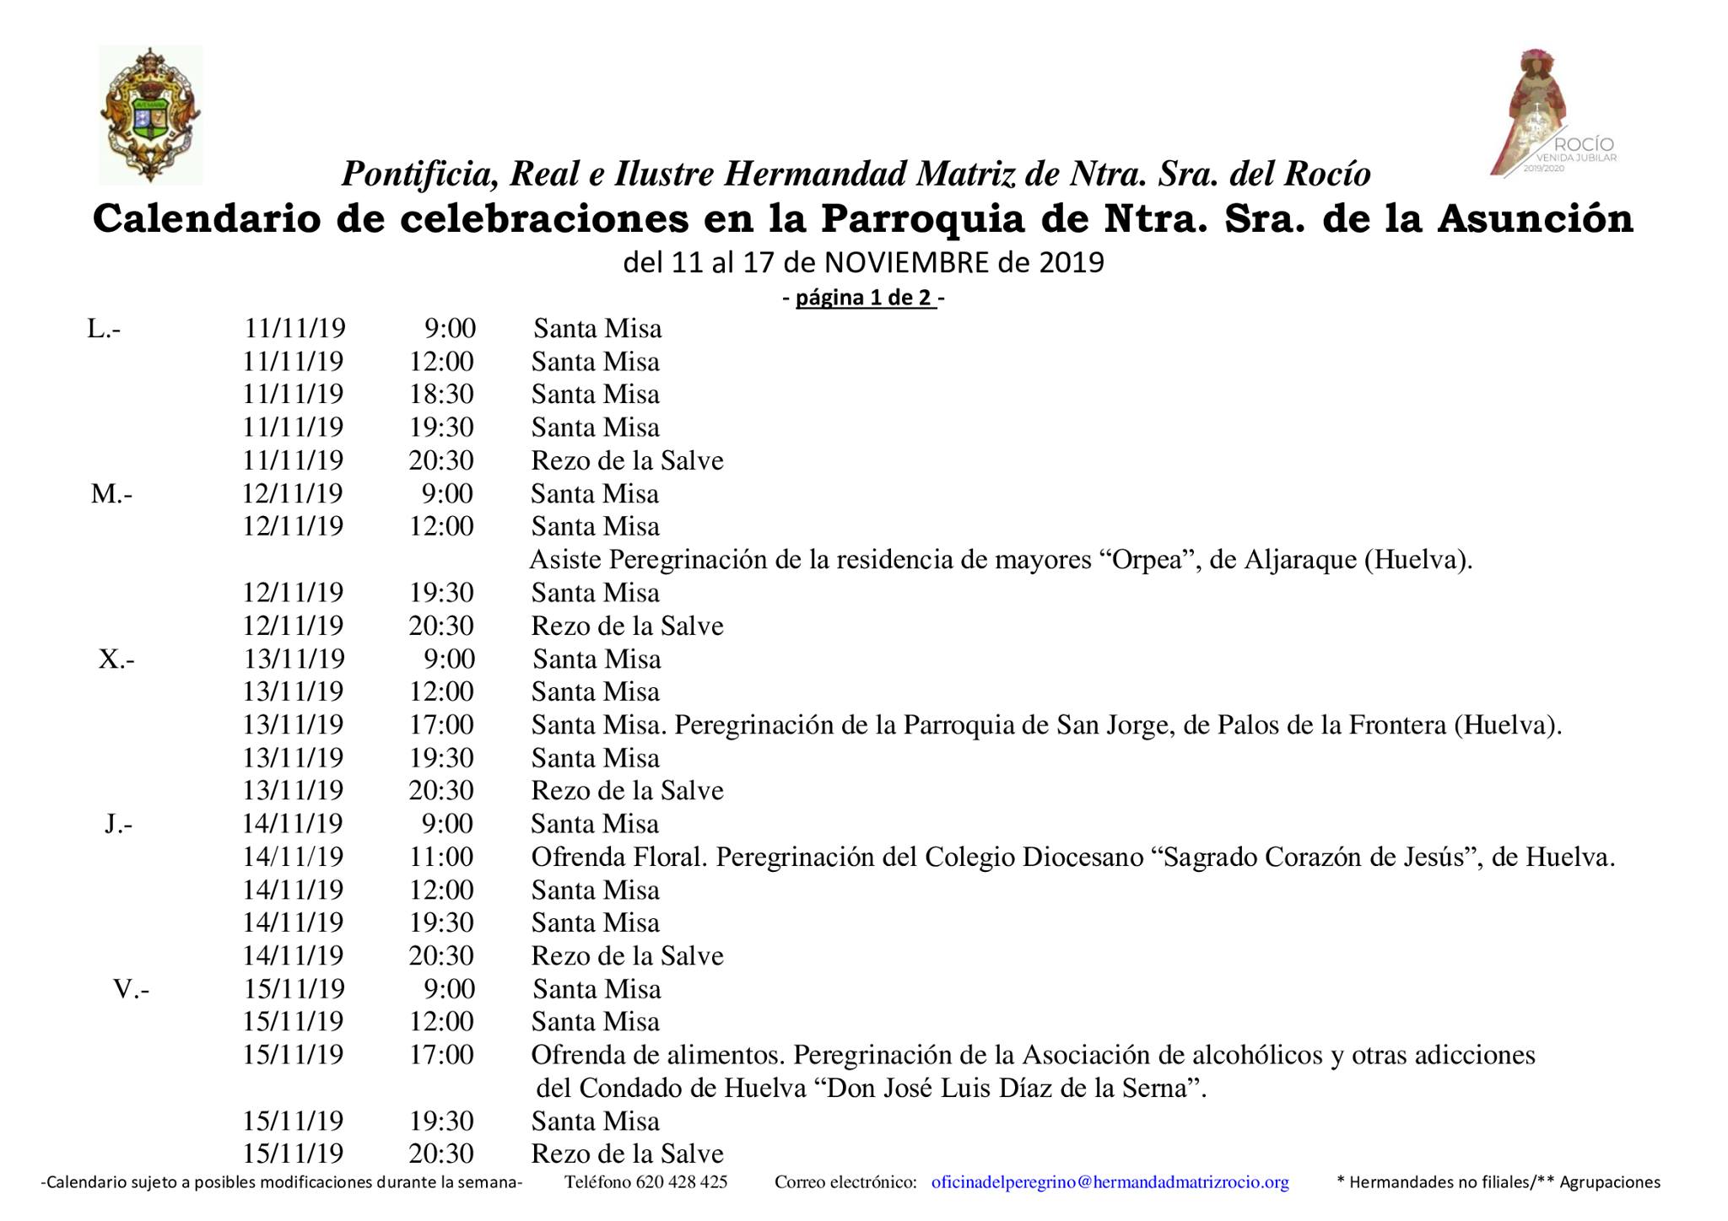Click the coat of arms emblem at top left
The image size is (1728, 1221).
click(150, 115)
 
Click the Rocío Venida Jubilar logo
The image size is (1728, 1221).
click(1551, 113)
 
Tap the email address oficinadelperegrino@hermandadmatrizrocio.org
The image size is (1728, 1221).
click(1110, 1182)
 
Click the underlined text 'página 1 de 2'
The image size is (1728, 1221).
click(865, 298)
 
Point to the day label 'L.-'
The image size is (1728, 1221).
click(104, 329)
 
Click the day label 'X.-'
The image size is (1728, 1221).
click(116, 659)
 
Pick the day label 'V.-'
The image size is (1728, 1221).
click(132, 988)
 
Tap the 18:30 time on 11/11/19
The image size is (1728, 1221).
click(441, 395)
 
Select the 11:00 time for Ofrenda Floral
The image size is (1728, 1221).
click(441, 857)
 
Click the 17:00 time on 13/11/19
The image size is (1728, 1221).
click(441, 724)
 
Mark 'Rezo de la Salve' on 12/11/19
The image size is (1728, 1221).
click(627, 626)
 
